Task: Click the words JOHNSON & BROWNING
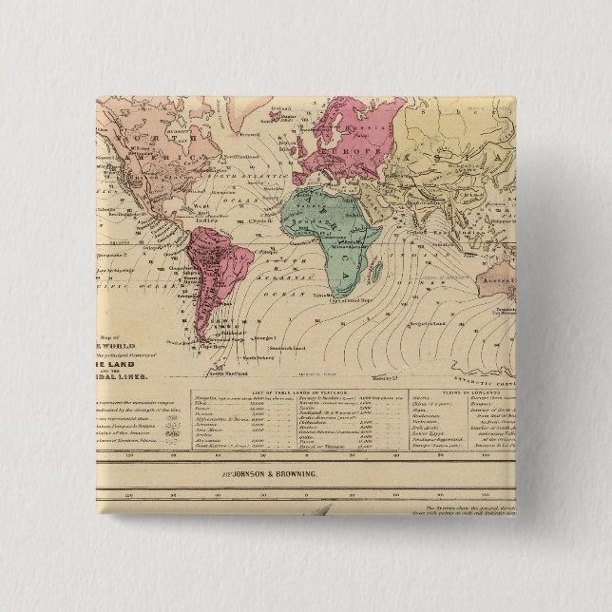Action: click(277, 471)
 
